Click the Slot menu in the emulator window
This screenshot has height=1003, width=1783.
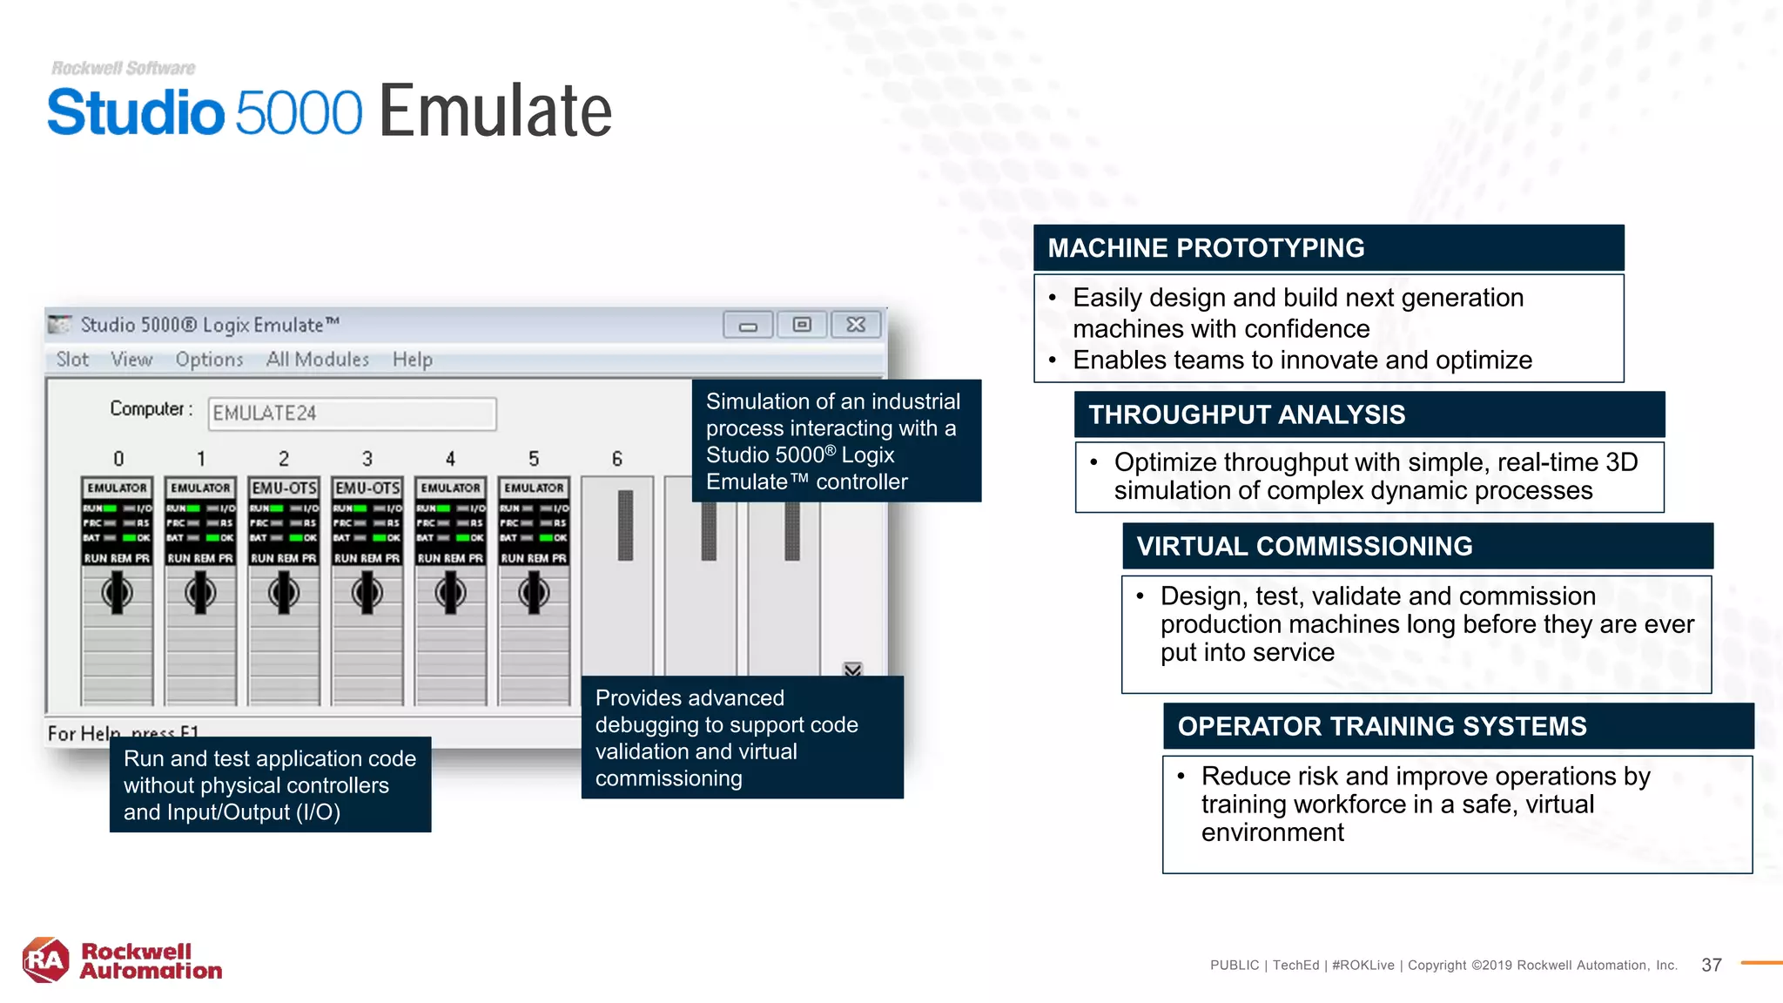pyautogui.click(x=72, y=360)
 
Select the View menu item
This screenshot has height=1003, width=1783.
pyautogui.click(x=131, y=360)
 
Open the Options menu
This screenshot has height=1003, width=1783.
pyautogui.click(x=209, y=360)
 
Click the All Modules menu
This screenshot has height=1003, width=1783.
pyautogui.click(x=317, y=360)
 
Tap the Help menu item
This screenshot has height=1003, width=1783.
pyautogui.click(x=412, y=360)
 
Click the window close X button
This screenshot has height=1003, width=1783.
pyautogui.click(x=856, y=325)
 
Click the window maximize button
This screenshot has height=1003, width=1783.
pyautogui.click(x=802, y=325)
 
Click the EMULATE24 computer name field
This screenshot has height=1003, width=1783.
pyautogui.click(x=352, y=414)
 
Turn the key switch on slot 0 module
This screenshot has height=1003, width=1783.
pyautogui.click(x=118, y=594)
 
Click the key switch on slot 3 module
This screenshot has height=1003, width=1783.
pyautogui.click(x=367, y=594)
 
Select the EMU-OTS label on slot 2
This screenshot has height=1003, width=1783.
pyautogui.click(x=284, y=488)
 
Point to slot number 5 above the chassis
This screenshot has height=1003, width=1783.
pyautogui.click(x=534, y=459)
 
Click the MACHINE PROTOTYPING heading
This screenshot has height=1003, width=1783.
pyautogui.click(x=1206, y=248)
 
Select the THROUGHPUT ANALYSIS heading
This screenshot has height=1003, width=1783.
pyautogui.click(x=1247, y=414)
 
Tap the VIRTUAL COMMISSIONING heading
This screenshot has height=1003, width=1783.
pyautogui.click(x=1304, y=546)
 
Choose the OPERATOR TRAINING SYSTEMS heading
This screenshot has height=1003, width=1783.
pyautogui.click(x=1382, y=726)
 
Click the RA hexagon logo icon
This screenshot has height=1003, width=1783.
pyautogui.click(x=45, y=960)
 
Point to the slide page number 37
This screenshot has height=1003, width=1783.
pyautogui.click(x=1711, y=965)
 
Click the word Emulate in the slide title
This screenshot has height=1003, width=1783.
pyautogui.click(x=495, y=111)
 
